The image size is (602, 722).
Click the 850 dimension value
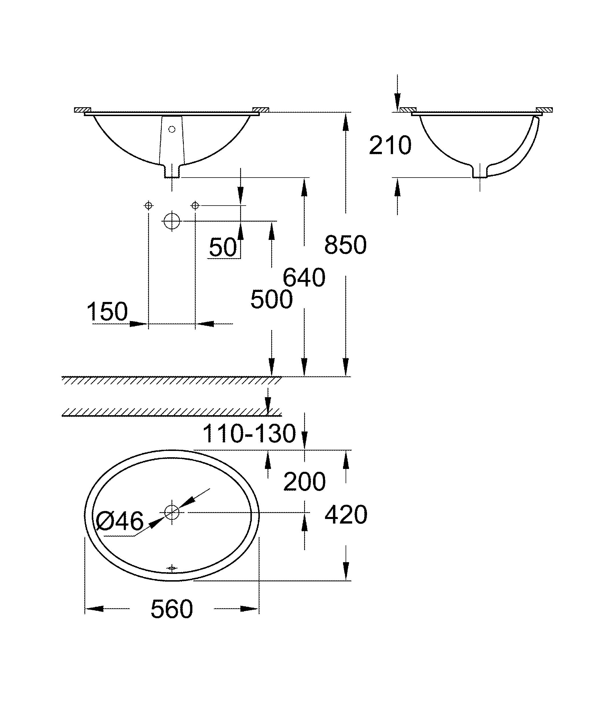[x=345, y=245]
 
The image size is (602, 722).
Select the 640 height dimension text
[x=304, y=278]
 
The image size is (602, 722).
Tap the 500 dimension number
[x=272, y=299]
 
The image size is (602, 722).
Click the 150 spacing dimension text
[x=107, y=311]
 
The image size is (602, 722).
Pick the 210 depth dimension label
[x=390, y=146]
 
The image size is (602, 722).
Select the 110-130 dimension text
[x=249, y=433]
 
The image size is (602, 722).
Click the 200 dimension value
[x=304, y=482]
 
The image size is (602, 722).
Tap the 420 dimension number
[x=346, y=515]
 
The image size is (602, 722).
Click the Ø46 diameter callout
[x=119, y=521]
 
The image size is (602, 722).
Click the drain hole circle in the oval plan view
[x=172, y=512]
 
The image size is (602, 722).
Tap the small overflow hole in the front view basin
[x=172, y=129]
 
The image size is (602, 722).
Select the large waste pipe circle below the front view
[x=172, y=221]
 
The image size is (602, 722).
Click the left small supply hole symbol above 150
[x=148, y=206]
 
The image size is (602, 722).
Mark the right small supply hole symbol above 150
[x=195, y=206]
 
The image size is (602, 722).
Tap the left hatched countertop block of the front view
[x=82, y=110]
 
